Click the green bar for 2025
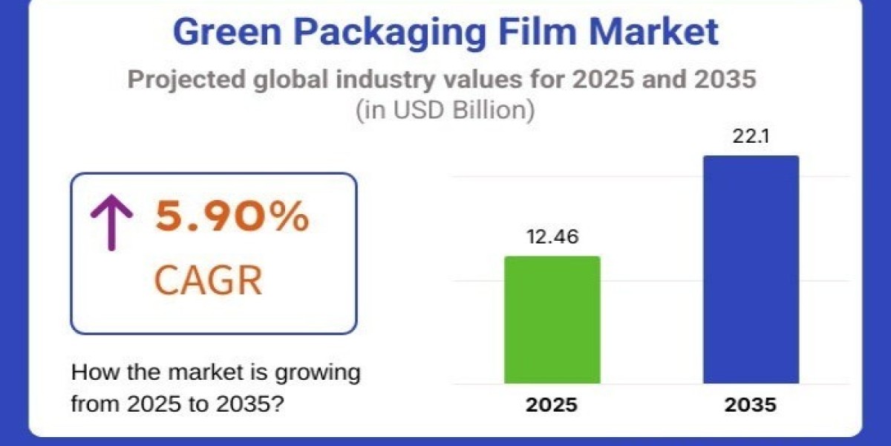(552, 320)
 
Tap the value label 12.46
(552, 237)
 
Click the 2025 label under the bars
(552, 406)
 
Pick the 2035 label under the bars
(751, 406)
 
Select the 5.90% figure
(232, 217)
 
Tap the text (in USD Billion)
(446, 110)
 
